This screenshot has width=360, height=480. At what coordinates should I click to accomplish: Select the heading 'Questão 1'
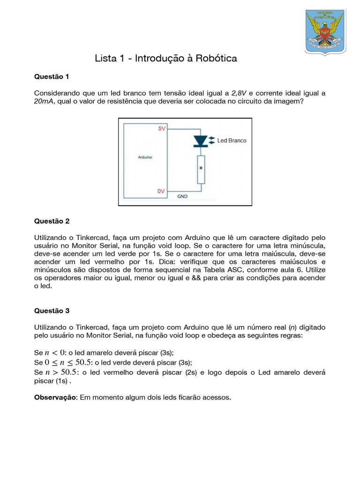click(52, 76)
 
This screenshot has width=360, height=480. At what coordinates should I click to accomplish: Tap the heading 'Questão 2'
click(52, 221)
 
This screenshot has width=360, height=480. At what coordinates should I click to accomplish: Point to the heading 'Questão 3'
click(52, 310)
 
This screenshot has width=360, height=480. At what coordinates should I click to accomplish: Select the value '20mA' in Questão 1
click(44, 101)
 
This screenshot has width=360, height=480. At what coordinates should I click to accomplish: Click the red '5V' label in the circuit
click(161, 128)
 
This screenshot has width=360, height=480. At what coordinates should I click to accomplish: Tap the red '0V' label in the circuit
click(161, 191)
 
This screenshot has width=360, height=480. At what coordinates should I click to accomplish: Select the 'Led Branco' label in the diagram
click(232, 140)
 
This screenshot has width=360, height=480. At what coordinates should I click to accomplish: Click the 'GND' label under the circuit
click(182, 196)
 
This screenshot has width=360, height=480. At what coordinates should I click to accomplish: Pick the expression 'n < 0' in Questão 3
click(54, 352)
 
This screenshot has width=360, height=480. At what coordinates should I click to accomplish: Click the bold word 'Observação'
click(56, 397)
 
